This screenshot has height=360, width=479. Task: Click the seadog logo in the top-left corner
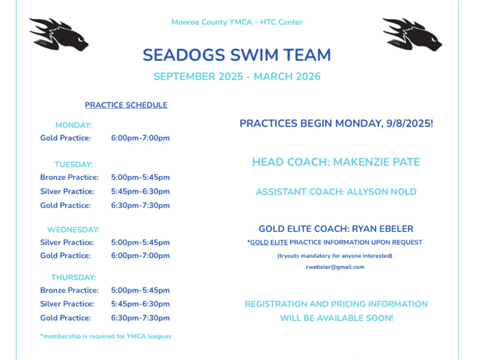(x=59, y=34)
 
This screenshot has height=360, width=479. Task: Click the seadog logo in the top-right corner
(x=412, y=34)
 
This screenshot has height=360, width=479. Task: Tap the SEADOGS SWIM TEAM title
(x=237, y=55)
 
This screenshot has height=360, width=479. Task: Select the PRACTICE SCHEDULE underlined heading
(x=126, y=105)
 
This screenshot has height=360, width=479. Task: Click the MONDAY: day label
(x=73, y=125)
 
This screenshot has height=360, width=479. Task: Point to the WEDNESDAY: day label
(x=73, y=230)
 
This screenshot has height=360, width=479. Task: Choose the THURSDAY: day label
(x=73, y=277)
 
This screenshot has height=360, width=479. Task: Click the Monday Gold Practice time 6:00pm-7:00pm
(x=140, y=138)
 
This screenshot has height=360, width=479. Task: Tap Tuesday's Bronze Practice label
(x=69, y=177)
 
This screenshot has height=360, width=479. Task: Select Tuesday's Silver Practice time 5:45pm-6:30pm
(x=140, y=192)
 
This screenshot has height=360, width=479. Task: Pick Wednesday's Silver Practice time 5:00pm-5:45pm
(x=140, y=243)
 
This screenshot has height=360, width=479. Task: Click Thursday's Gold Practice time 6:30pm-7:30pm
(x=140, y=318)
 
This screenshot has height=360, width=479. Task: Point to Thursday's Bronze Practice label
(x=69, y=290)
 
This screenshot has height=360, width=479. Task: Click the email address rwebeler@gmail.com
(x=335, y=267)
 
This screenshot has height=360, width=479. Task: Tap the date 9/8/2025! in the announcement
(x=410, y=123)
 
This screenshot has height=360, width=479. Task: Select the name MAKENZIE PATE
(x=376, y=162)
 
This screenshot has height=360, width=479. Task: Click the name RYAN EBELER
(x=383, y=229)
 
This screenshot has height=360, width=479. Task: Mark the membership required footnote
(x=105, y=336)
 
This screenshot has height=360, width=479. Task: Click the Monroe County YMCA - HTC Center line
(x=237, y=23)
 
